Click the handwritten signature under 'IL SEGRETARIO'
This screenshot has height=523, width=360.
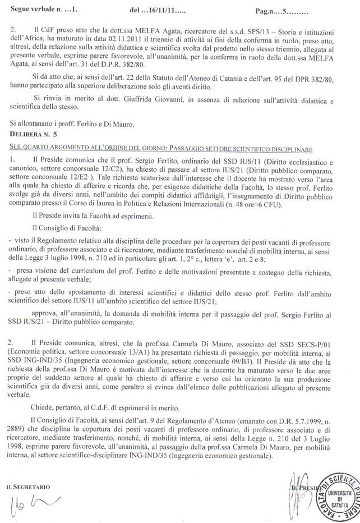click(28, 494)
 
